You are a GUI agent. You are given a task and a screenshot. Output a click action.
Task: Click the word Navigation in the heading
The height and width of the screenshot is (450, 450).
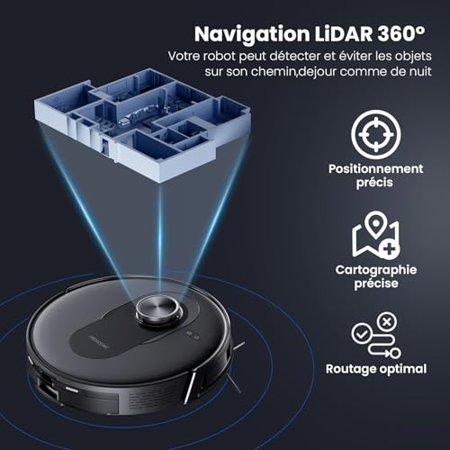(252, 35)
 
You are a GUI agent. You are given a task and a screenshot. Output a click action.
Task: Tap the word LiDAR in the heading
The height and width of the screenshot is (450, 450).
(344, 33)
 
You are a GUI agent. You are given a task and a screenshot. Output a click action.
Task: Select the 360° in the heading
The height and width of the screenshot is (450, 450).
(401, 33)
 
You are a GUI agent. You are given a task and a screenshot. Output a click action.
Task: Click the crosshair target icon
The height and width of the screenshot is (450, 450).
(376, 134)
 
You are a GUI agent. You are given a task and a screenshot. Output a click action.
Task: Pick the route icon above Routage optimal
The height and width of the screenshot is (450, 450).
(376, 336)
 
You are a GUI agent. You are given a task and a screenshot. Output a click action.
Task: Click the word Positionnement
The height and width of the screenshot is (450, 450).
(375, 168)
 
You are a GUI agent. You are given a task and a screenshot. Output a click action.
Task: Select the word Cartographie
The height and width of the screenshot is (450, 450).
(376, 270)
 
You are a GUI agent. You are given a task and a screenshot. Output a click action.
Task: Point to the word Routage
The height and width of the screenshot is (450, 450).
(350, 369)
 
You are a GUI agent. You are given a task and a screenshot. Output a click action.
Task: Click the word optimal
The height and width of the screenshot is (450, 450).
(402, 369)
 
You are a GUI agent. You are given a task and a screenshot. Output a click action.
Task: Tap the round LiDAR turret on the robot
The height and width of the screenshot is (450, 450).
(159, 310)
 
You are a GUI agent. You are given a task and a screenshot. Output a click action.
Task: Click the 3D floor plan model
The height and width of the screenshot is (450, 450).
(142, 124)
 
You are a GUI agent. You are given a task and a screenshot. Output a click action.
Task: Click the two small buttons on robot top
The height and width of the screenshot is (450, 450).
(193, 336)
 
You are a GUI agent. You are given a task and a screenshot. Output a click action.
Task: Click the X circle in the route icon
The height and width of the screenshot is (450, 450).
(387, 322)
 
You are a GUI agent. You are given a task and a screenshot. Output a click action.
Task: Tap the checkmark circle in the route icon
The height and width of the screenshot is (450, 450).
(362, 334)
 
